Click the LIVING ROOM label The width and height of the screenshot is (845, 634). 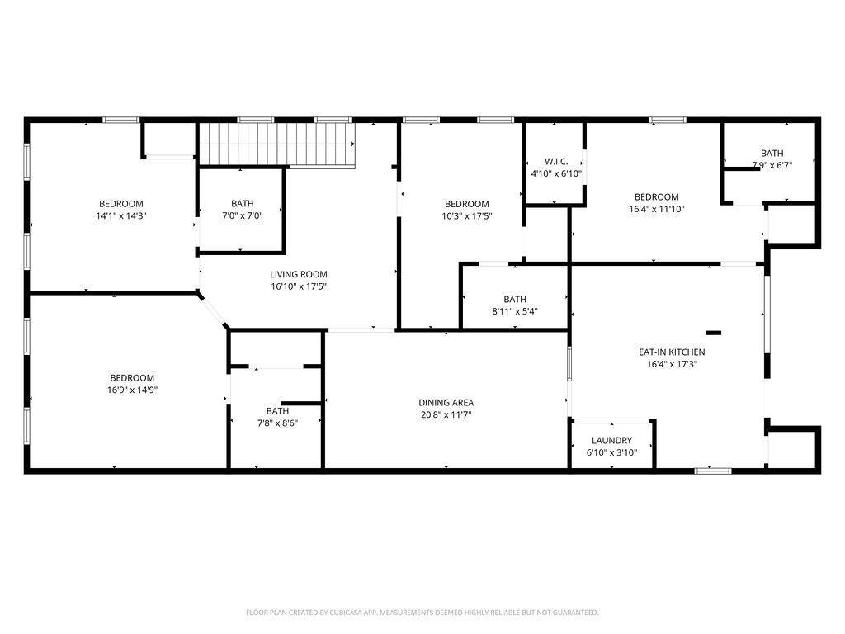pos(299,274)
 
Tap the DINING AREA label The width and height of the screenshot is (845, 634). pos(446,403)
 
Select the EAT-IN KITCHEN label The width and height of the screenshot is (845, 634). pos(672,352)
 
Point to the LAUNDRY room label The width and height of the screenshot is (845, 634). pos(611,441)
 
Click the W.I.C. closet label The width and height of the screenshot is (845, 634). pos(556,162)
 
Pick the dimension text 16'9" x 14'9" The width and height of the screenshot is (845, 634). pos(132,390)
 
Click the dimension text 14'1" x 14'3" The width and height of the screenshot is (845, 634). pos(121,216)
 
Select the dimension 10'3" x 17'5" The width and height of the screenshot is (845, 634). pos(467,216)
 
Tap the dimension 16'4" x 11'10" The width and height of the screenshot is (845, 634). pos(656,209)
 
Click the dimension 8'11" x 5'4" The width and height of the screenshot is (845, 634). pos(515,311)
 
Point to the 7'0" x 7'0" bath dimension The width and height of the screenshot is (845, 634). pos(243,215)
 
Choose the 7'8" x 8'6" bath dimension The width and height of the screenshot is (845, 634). pos(277,423)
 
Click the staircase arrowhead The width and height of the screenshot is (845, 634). pos(353,144)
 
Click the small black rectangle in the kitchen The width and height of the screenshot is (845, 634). pos(714,333)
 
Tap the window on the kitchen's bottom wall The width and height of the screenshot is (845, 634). pos(712,471)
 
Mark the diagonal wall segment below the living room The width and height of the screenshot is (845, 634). pos(212,310)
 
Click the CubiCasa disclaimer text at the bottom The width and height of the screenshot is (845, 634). pos(422,613)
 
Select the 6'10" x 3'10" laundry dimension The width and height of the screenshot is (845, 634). pos(611,453)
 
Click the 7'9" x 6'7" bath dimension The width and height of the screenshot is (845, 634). pos(772,165)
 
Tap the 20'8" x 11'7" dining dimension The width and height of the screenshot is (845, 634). pos(446,415)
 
